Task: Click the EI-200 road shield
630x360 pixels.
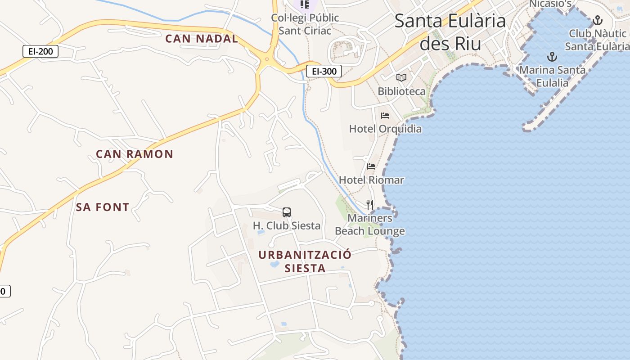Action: click(40, 51)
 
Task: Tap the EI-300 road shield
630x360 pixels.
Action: click(324, 71)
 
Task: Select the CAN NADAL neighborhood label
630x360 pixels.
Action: click(201, 39)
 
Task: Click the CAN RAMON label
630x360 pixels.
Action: click(135, 154)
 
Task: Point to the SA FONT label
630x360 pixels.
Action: click(103, 207)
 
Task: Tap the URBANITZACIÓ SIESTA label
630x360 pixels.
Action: click(305, 261)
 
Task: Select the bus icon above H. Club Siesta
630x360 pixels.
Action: click(287, 212)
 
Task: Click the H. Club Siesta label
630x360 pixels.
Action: click(287, 225)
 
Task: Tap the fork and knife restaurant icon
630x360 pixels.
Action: click(370, 205)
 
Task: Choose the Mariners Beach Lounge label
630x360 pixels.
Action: click(370, 225)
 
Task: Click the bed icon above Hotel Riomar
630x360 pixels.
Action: click(371, 166)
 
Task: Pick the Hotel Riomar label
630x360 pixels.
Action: click(371, 180)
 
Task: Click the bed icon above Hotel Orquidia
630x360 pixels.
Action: click(385, 116)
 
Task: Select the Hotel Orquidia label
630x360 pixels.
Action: click(386, 129)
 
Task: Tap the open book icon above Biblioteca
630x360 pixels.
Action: click(401, 77)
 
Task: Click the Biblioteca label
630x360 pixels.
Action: click(401, 91)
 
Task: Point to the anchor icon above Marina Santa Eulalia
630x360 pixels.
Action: click(552, 57)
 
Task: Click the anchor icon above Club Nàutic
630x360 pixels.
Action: click(598, 20)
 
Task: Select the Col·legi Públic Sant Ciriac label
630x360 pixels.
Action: click(305, 24)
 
